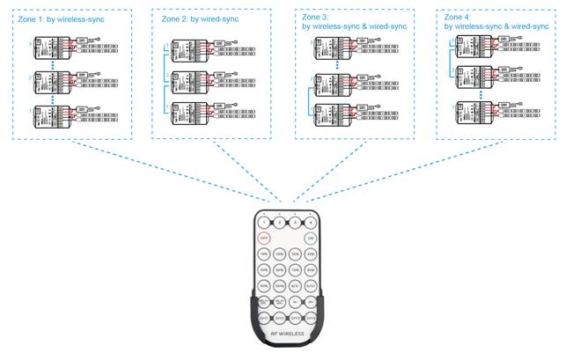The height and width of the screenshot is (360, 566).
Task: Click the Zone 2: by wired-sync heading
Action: click(200, 18)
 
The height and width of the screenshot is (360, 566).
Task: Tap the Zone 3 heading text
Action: click(351, 23)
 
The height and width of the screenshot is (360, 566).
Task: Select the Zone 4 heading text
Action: click(492, 23)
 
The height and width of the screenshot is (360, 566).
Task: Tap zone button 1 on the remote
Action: click(262, 223)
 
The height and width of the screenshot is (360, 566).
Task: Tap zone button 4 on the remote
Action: click(310, 223)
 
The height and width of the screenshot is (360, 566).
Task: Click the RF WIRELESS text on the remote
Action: click(286, 335)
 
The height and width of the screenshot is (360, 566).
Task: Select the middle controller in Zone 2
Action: click(191, 83)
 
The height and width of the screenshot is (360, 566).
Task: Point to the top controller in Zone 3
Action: click(331, 49)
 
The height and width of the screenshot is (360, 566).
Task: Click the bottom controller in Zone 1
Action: click(52, 115)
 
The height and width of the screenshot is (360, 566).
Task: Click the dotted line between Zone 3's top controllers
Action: click(337, 67)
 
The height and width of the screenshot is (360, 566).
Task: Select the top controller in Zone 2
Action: click(191, 49)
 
